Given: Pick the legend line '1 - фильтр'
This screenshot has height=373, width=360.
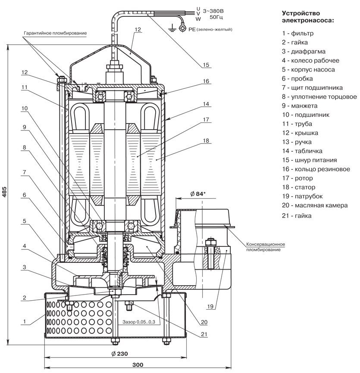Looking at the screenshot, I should click(x=297, y=33).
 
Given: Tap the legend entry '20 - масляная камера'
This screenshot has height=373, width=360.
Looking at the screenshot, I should click(x=315, y=205).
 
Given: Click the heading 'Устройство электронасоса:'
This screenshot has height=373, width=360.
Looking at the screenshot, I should click(x=308, y=16).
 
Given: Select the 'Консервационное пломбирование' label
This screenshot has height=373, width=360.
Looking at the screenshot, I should click(x=266, y=246).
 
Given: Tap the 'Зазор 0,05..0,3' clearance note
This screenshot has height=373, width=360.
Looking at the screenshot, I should click(x=138, y=322).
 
